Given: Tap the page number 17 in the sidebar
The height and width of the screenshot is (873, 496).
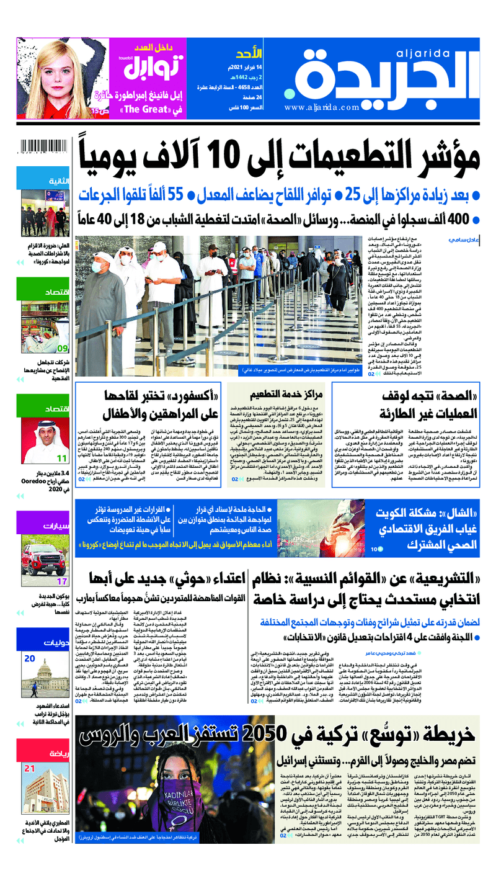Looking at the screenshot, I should click(62, 581).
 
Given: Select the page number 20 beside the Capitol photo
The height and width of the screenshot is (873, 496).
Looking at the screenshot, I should click(30, 658).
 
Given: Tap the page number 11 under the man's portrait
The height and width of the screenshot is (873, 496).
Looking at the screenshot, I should click(62, 458).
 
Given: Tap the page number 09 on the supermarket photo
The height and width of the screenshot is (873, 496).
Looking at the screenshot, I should click(63, 348).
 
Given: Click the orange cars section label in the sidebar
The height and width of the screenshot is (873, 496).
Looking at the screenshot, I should click(44, 527).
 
